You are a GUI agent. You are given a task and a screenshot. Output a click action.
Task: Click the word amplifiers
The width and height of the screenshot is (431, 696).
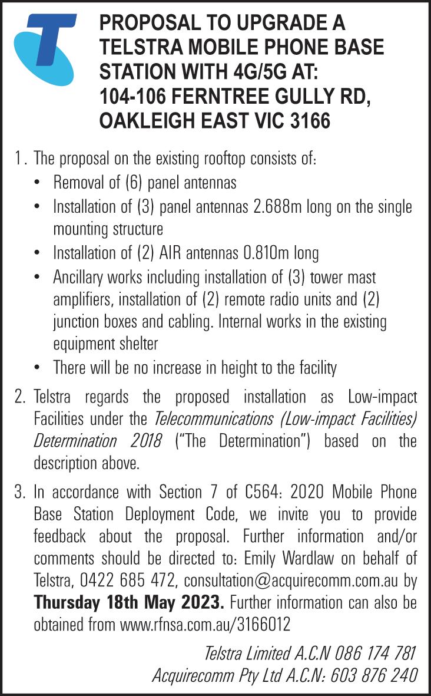83,299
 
